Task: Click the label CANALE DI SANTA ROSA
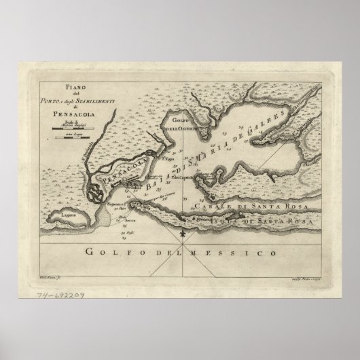(x=242, y=204)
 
